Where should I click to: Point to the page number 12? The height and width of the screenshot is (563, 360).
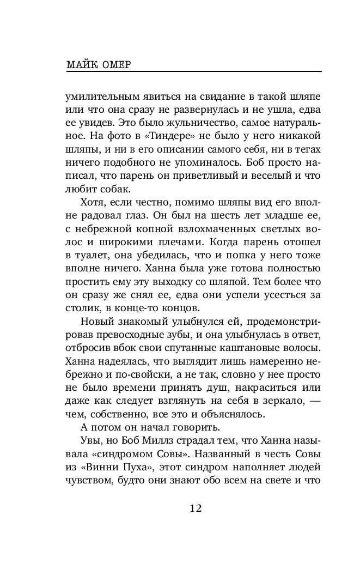pos(196,508)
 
